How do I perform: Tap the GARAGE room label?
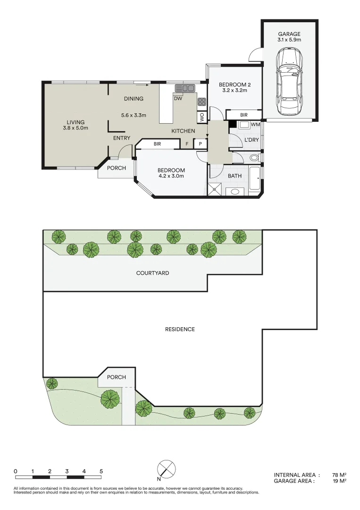click(289, 34)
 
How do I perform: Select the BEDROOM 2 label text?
click(234, 85)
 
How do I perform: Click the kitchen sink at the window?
click(185, 88)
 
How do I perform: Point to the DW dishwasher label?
click(178, 99)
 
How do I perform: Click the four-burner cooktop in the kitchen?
click(202, 102)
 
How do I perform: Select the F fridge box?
click(187, 144)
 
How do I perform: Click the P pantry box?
click(200, 144)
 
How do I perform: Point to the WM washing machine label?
click(255, 125)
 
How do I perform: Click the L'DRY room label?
click(251, 140)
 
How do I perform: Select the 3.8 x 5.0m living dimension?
click(75, 128)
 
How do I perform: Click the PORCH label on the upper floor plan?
click(116, 168)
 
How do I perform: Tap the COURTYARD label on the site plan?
click(152, 273)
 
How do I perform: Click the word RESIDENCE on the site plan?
click(180, 329)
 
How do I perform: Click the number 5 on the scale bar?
click(101, 471)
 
